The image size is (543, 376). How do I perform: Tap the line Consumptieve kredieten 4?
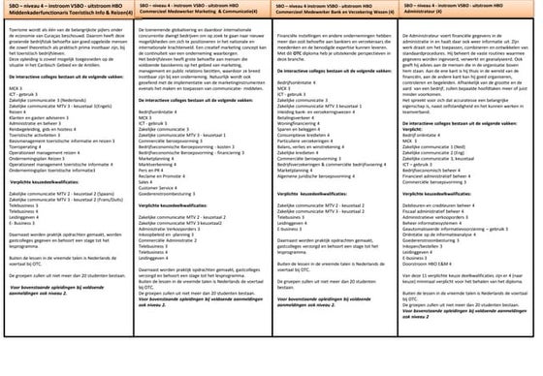pyautogui.click(x=306, y=168)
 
